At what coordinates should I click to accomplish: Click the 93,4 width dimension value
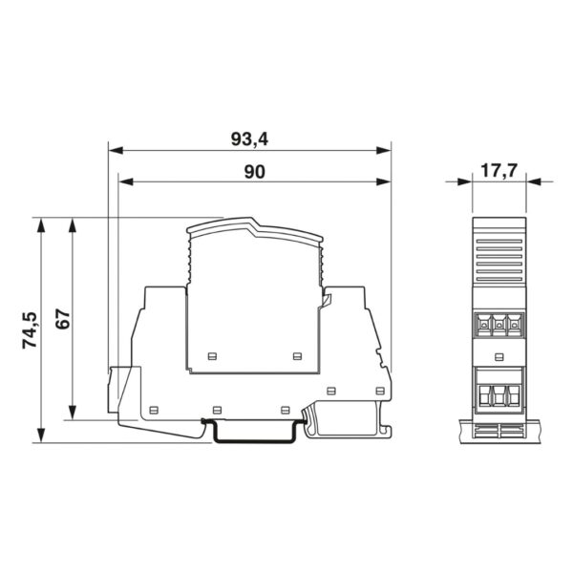[249, 139]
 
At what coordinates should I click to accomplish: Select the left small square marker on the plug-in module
[211, 356]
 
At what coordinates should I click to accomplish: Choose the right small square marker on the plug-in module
[296, 356]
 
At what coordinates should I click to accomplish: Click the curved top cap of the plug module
[255, 229]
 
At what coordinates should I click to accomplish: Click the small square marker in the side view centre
[499, 356]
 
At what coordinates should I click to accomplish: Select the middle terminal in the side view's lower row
[499, 394]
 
